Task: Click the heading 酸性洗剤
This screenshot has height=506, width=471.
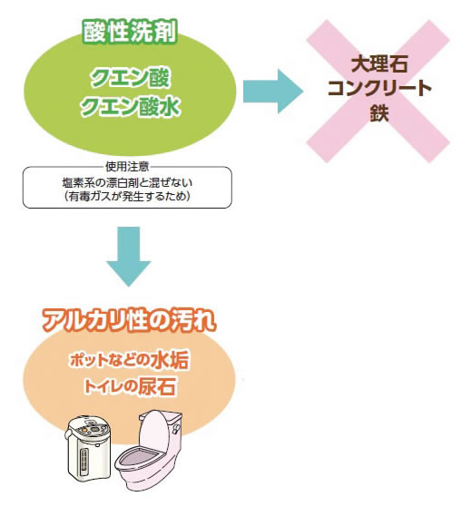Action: pyautogui.click(x=130, y=33)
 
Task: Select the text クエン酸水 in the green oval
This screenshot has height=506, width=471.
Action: pyautogui.click(x=130, y=106)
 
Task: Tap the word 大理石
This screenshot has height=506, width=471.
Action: pyautogui.click(x=379, y=64)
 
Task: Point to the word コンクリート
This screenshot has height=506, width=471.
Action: pyautogui.click(x=379, y=88)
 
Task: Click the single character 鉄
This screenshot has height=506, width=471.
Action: pyautogui.click(x=379, y=112)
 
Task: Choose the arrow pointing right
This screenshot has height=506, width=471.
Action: pyautogui.click(x=272, y=92)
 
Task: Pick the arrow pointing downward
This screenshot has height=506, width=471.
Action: pyautogui.click(x=129, y=257)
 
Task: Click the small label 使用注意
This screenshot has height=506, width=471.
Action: pyautogui.click(x=127, y=167)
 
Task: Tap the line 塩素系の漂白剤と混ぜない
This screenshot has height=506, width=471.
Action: pyautogui.click(x=127, y=182)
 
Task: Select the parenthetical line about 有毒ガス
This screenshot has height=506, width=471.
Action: pyautogui.click(x=127, y=196)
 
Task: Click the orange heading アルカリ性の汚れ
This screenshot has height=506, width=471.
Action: pyautogui.click(x=129, y=321)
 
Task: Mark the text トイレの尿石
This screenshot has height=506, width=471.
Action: pyautogui.click(x=129, y=386)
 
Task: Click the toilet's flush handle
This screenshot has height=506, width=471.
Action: pyautogui.click(x=177, y=428)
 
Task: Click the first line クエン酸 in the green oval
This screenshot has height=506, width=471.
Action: pyautogui.click(x=130, y=78)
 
